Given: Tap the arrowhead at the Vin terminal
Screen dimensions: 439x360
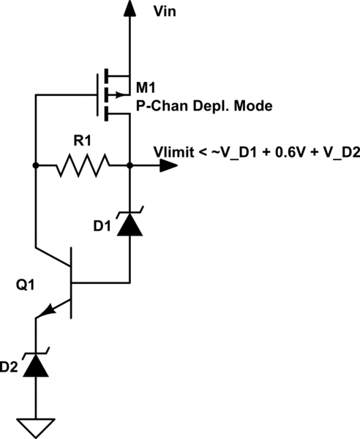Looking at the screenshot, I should (x=130, y=8).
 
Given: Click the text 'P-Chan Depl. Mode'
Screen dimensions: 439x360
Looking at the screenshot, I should (x=204, y=108).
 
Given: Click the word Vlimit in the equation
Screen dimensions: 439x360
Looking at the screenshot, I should (x=173, y=152).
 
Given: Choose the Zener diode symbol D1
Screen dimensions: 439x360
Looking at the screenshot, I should (x=130, y=222).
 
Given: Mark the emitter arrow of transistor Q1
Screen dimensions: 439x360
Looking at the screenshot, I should (x=46, y=311).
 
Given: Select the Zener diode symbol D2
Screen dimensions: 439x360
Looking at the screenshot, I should (x=34, y=364).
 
